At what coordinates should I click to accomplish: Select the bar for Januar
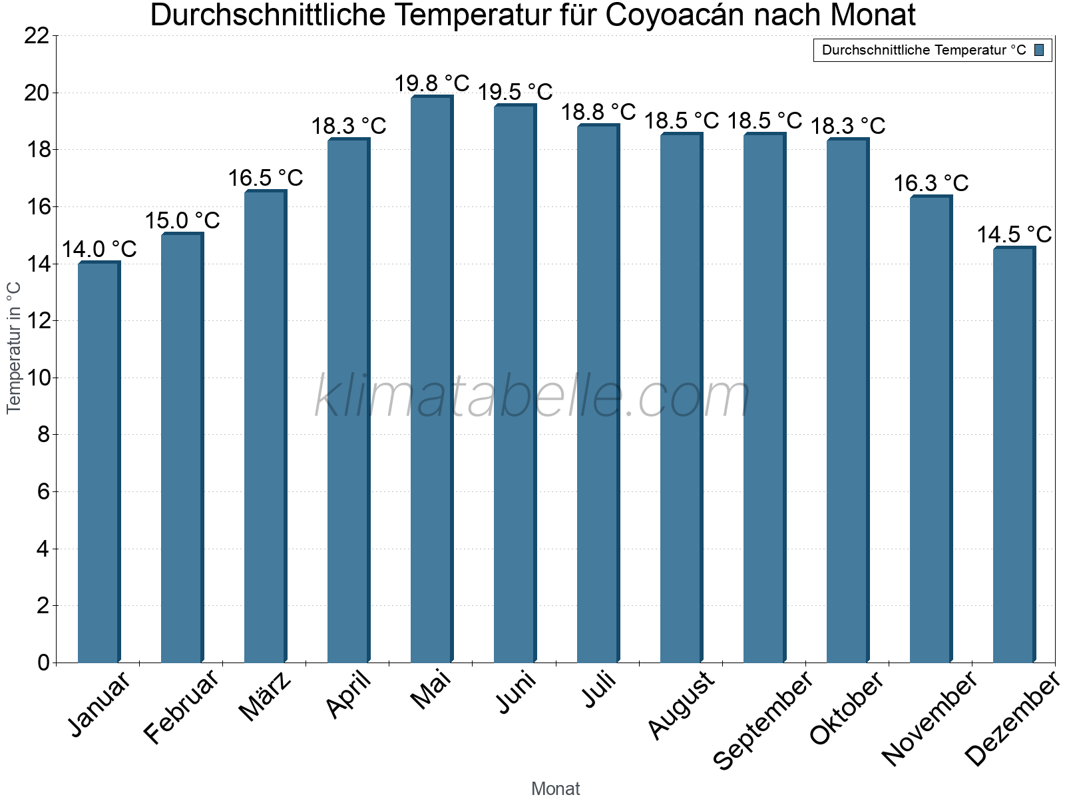pyautogui.click(x=99, y=462)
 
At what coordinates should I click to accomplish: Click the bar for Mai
pyautogui.click(x=431, y=380)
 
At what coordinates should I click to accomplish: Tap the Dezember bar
pyautogui.click(x=1014, y=455)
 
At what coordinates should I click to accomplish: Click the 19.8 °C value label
pyautogui.click(x=432, y=84)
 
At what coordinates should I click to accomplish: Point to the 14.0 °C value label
pyautogui.click(x=99, y=250)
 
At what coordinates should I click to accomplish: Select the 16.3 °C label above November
pyautogui.click(x=931, y=183)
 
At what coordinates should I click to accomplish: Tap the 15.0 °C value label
pyautogui.click(x=182, y=220)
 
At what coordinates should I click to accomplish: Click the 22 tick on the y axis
pyautogui.click(x=37, y=36)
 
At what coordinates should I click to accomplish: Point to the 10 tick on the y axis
pyautogui.click(x=37, y=378)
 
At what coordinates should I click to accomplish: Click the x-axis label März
pyautogui.click(x=266, y=696)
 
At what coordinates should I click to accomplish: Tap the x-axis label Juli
pyautogui.click(x=600, y=690)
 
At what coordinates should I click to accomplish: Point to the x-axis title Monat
pyautogui.click(x=556, y=789)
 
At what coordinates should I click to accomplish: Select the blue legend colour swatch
pyautogui.click(x=1039, y=50)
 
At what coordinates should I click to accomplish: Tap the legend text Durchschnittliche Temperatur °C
pyautogui.click(x=924, y=50)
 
